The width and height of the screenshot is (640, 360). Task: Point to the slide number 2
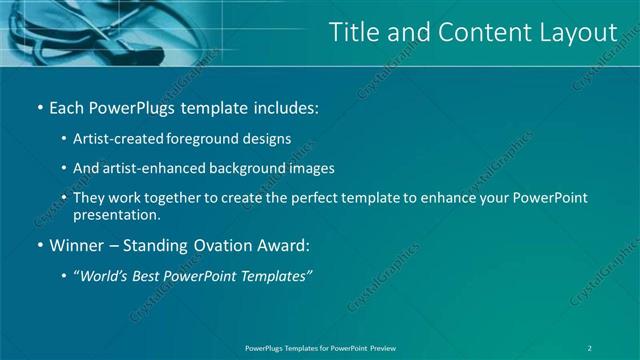(x=590, y=347)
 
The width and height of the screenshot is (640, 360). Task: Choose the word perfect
(x=310, y=198)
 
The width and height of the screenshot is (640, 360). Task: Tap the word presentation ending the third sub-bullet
(x=116, y=214)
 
